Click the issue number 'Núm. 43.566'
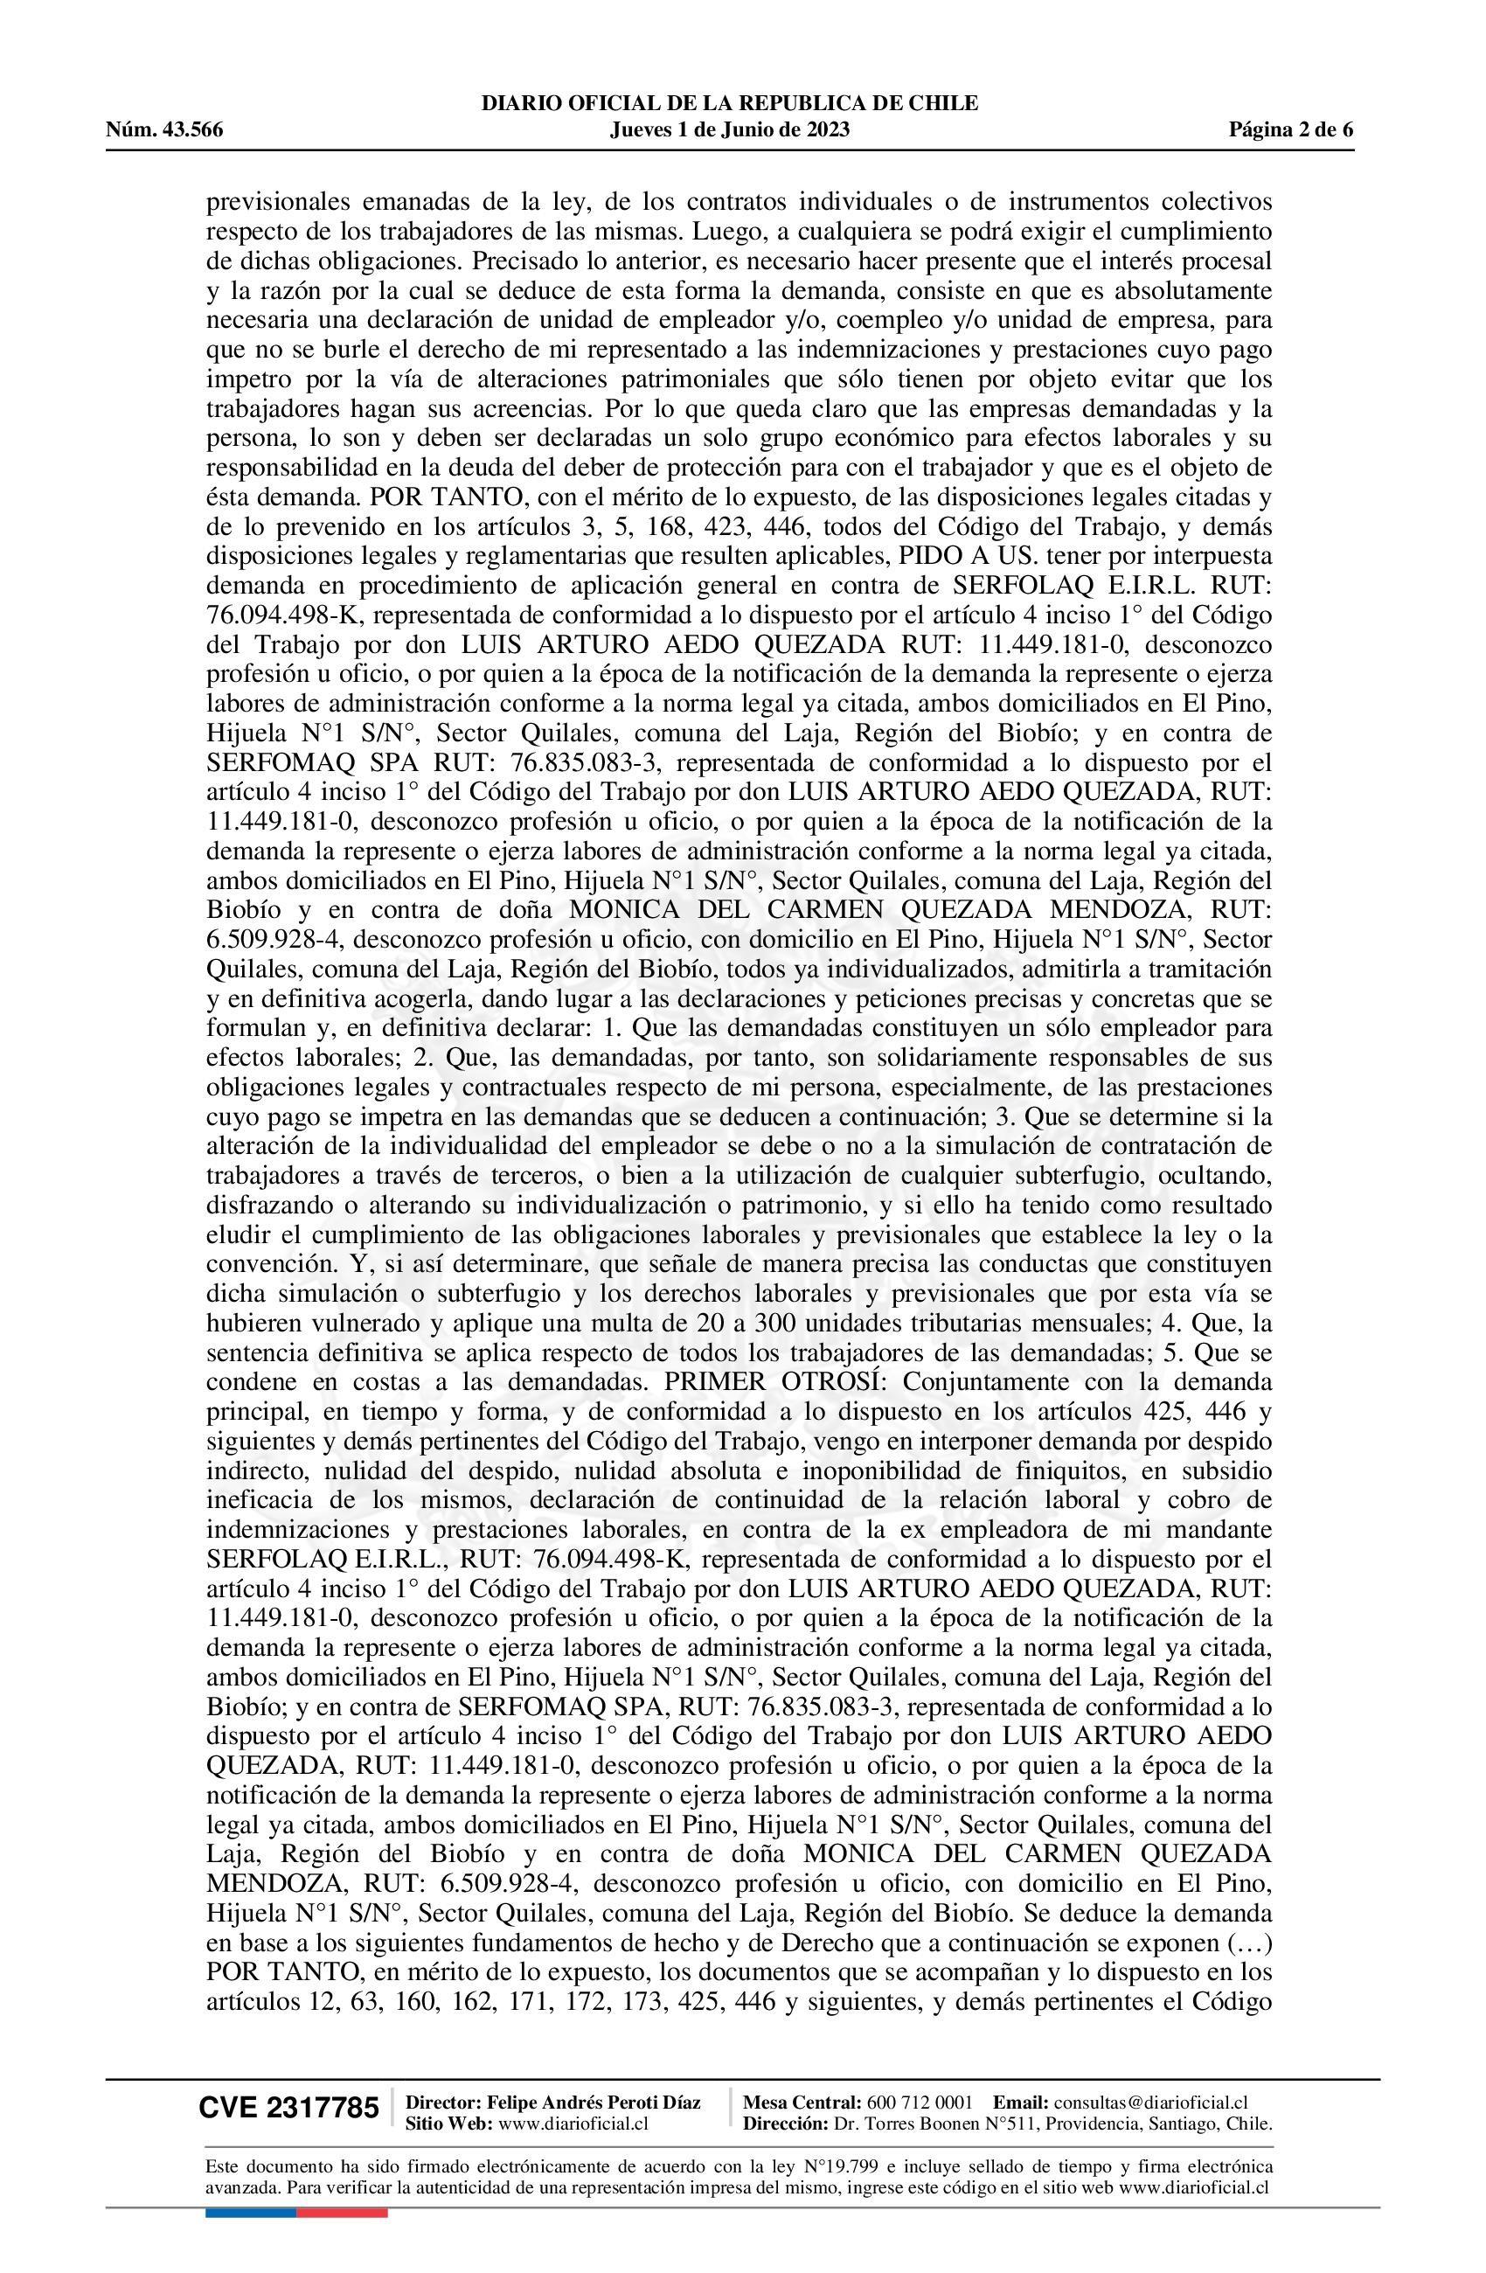point(164,130)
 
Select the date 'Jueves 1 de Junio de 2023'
point(729,130)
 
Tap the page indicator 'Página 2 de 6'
point(1291,130)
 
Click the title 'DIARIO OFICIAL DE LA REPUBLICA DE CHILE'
point(730,103)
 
